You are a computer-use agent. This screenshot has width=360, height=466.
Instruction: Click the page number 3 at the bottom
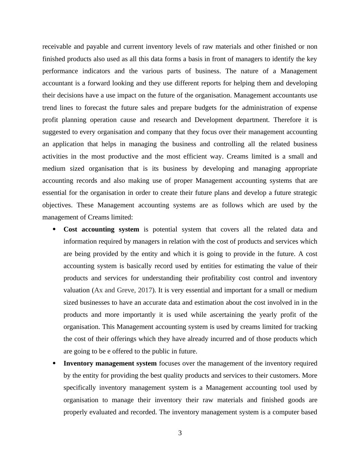[x=180, y=433]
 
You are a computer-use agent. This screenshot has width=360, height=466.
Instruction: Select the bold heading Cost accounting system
[x=101, y=229]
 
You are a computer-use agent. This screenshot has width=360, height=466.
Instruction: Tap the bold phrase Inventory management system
[x=110, y=363]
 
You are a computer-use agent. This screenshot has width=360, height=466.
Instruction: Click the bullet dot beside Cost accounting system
[x=54, y=229]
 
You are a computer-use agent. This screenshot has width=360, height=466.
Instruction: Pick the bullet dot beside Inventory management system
[x=54, y=363]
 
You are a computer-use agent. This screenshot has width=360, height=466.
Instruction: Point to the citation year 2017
[x=145, y=290]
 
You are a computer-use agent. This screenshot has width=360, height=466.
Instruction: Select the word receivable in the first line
[x=57, y=47]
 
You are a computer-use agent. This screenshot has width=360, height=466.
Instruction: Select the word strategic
[x=303, y=193]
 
